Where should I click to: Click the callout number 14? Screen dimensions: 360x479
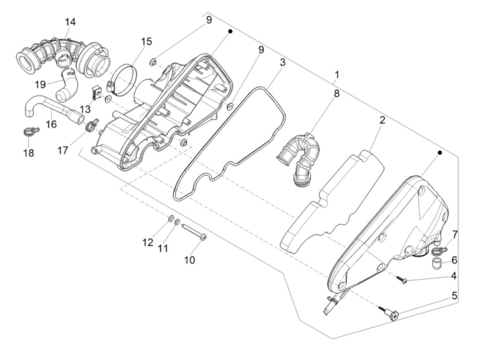[x=70, y=22]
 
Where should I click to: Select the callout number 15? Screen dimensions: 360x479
[x=146, y=41]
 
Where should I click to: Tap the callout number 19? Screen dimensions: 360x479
[x=40, y=84]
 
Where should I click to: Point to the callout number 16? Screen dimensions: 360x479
[x=51, y=124]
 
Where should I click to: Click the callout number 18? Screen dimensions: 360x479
[x=29, y=153]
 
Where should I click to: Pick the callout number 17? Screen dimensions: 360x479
[x=63, y=150]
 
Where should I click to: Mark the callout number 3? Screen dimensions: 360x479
[x=282, y=63]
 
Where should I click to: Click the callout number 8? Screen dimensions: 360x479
[x=336, y=93]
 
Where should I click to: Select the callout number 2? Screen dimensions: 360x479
[x=382, y=120]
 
